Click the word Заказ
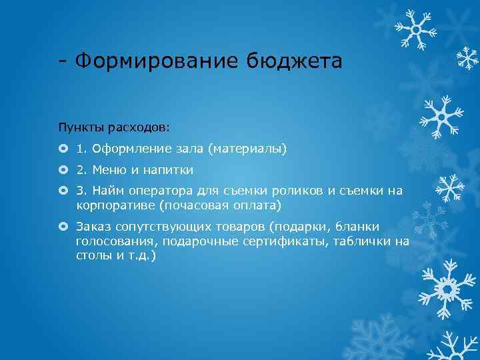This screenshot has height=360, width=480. [93, 227]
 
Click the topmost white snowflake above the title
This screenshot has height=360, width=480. [415, 29]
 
